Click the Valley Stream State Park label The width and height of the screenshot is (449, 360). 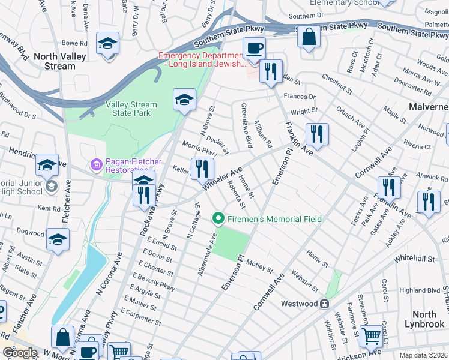tap(131, 109)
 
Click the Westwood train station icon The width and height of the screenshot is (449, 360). tap(324, 304)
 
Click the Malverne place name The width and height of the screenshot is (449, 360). tap(429, 106)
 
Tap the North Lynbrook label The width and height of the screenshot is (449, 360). tap(424, 319)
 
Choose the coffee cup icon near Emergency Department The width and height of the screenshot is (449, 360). tap(254, 47)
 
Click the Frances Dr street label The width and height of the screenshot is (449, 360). tap(303, 97)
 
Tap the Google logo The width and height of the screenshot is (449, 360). tap(20, 353)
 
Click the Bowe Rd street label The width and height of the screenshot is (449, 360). tap(75, 43)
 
